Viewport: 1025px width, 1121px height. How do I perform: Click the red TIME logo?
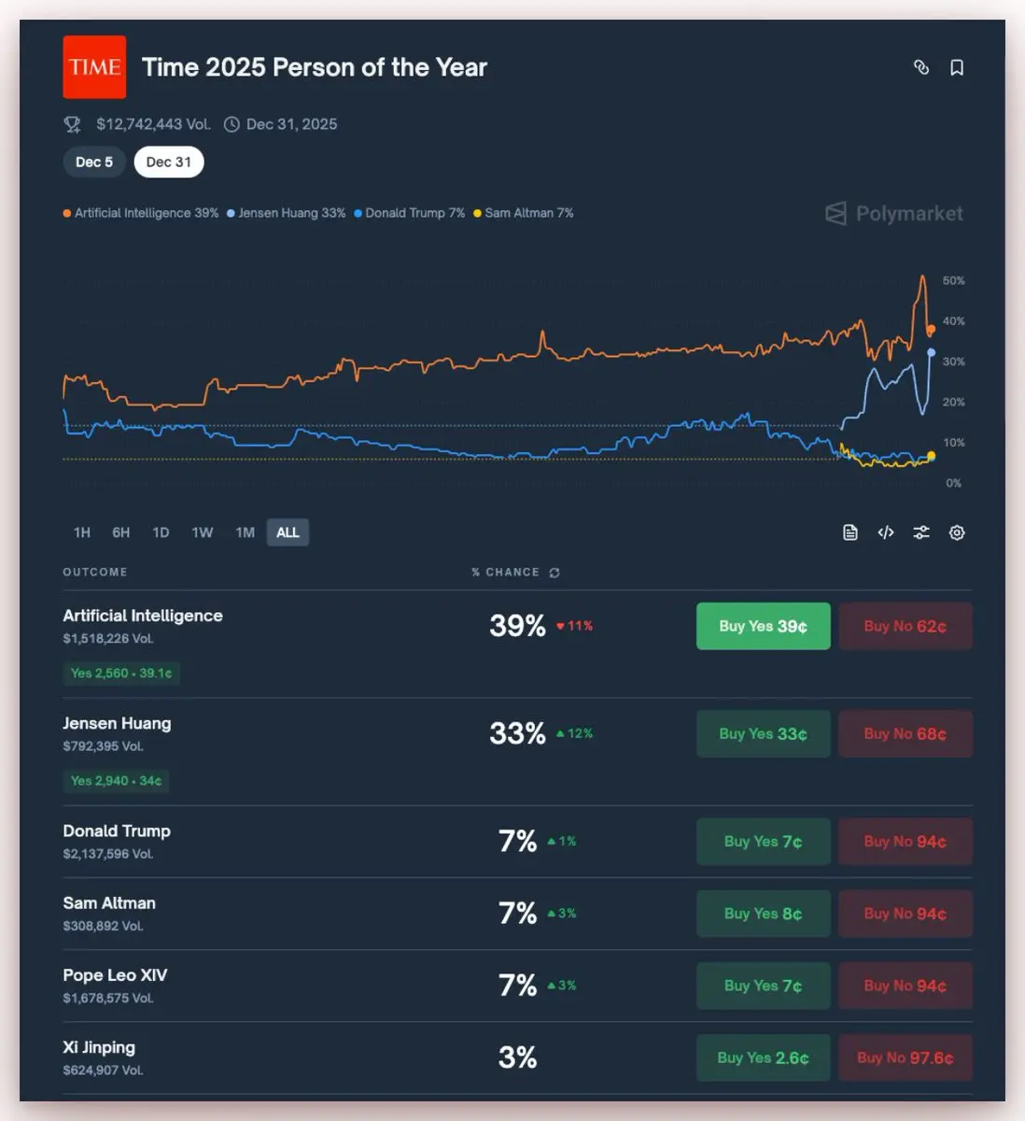(94, 67)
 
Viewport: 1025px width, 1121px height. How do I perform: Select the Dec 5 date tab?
(94, 163)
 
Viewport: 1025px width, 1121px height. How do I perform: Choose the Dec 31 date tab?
(169, 163)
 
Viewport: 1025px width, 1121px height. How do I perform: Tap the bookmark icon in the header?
(957, 67)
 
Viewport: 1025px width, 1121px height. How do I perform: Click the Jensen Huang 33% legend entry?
(287, 213)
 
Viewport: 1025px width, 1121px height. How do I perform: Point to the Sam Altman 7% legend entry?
(524, 213)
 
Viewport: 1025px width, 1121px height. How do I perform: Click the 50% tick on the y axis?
(953, 280)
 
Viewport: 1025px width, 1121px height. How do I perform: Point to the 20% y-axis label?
(953, 402)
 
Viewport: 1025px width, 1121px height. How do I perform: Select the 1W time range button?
(203, 532)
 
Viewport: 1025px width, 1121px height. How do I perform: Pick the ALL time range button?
(288, 532)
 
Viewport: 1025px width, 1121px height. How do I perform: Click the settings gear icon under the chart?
(957, 532)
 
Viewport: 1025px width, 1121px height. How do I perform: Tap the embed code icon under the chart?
(886, 532)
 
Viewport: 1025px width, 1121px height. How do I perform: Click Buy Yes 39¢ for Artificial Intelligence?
(763, 626)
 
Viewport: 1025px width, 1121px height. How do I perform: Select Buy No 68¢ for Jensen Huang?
(905, 734)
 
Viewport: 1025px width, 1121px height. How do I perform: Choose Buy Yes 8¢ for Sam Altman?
(763, 914)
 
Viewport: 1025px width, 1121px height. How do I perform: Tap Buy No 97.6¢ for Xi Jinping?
(905, 1057)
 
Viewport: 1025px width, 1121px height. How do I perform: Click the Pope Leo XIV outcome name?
(115, 975)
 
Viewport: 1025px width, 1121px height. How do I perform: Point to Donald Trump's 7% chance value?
(517, 842)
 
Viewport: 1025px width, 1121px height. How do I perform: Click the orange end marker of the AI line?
(931, 330)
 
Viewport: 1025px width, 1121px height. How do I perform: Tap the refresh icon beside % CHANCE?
(555, 573)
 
